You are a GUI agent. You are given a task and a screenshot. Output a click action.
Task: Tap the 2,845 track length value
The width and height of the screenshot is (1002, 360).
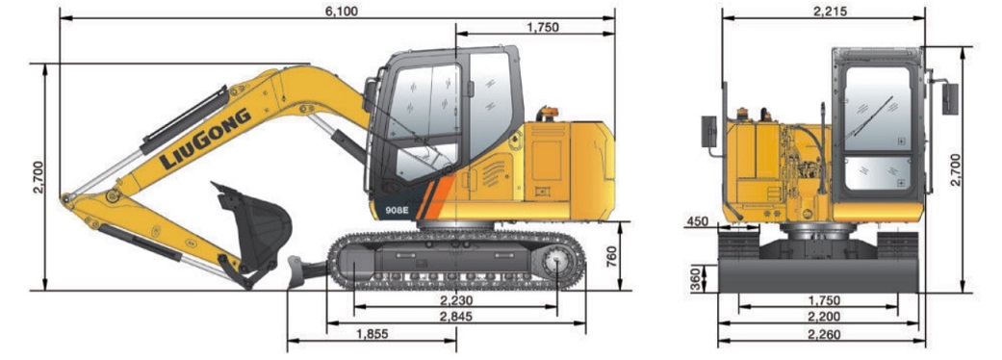455,317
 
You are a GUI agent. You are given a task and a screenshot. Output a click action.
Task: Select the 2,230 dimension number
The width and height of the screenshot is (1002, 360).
455,300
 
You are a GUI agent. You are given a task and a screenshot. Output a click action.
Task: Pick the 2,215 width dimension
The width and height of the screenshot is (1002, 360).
824,10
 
